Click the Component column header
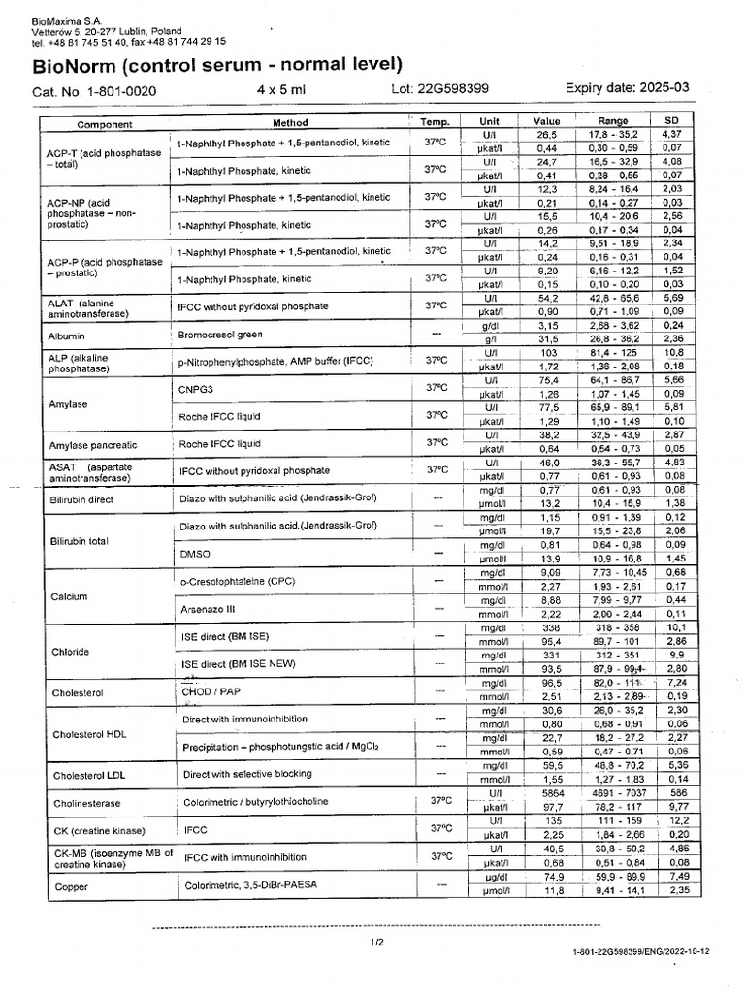[x=105, y=123]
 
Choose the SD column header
[x=671, y=120]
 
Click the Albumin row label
[x=67, y=336]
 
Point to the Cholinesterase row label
[x=88, y=803]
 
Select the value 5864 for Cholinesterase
[x=547, y=792]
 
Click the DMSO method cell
[x=196, y=553]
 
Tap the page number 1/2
[x=376, y=942]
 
